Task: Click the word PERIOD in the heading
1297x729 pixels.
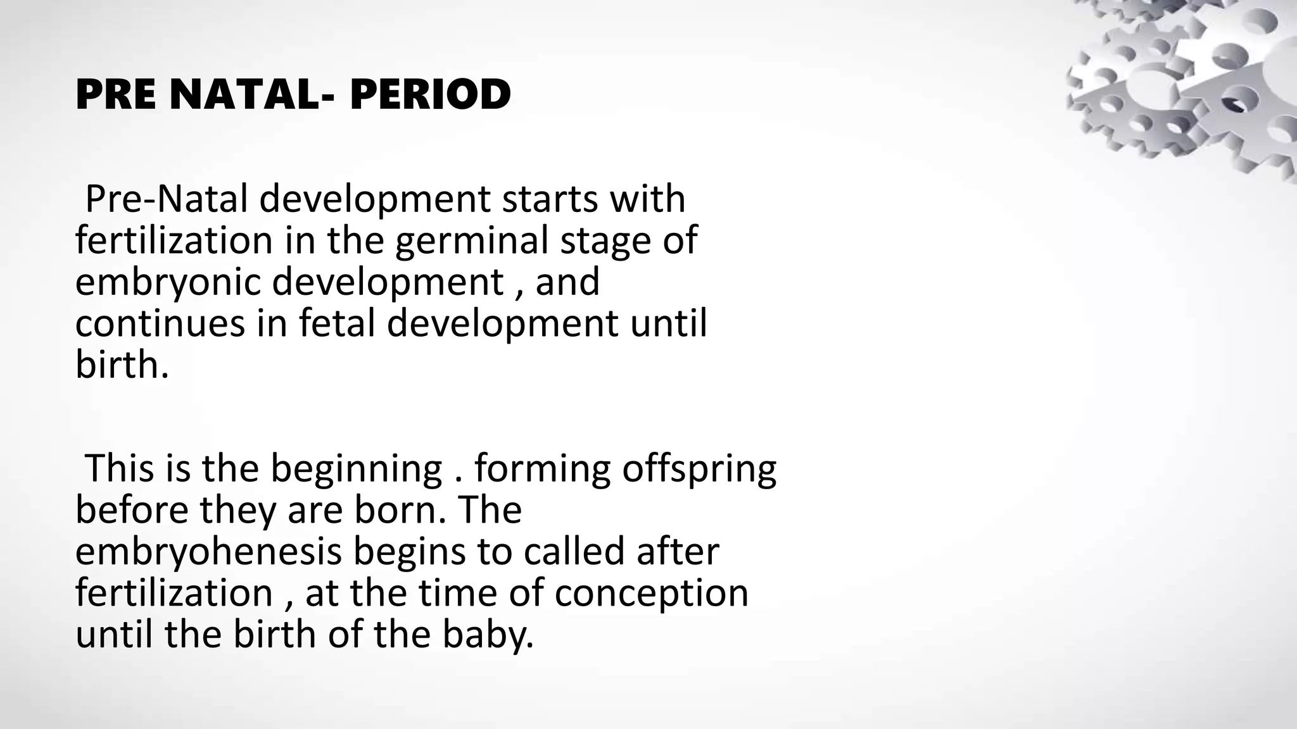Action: (430, 95)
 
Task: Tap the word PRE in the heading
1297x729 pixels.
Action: (116, 95)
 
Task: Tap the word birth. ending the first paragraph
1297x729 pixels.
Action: (122, 364)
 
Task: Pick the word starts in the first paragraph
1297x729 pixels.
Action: (548, 199)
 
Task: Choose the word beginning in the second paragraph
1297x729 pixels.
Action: (357, 469)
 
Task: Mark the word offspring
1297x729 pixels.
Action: (699, 469)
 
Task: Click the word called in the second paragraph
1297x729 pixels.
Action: (574, 551)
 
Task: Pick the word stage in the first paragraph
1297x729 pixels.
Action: (605, 241)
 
